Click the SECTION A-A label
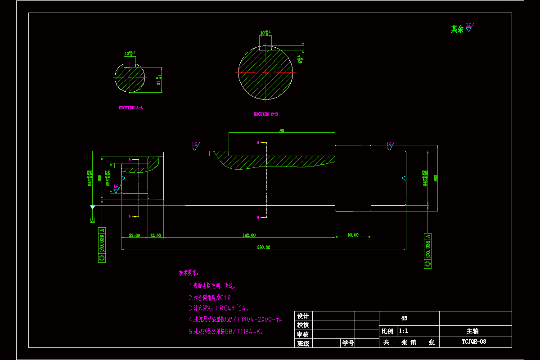click(x=131, y=108)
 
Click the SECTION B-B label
click(x=266, y=114)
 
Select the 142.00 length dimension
click(x=249, y=235)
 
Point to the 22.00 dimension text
click(x=135, y=235)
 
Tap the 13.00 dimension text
click(x=156, y=235)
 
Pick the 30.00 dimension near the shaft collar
click(x=353, y=235)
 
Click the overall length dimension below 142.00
click(x=263, y=247)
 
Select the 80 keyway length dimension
click(x=282, y=131)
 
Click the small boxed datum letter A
click(x=93, y=220)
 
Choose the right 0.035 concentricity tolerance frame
click(x=427, y=251)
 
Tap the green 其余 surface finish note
click(x=457, y=29)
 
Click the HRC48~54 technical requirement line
click(x=219, y=308)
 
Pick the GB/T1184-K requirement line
click(x=225, y=332)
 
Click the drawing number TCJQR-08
click(x=474, y=342)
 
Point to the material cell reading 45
click(x=404, y=318)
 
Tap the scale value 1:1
click(x=404, y=331)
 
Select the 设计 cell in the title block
click(x=303, y=316)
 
